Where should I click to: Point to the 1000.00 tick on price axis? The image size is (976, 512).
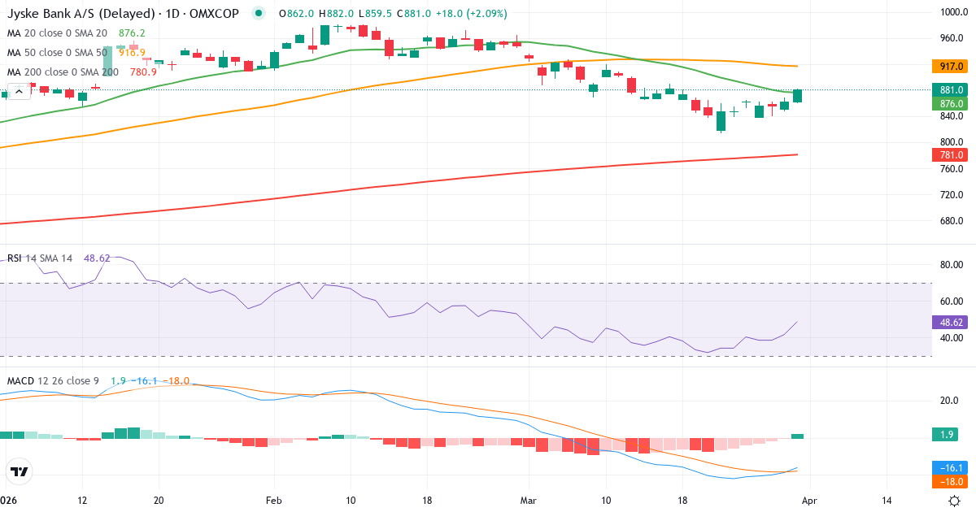tap(952, 12)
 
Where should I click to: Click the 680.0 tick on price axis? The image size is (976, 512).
tap(952, 221)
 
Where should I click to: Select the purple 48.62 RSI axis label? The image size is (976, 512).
tap(948, 322)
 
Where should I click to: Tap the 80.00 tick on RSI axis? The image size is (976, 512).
tap(952, 265)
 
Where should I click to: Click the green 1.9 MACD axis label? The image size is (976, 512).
tap(948, 435)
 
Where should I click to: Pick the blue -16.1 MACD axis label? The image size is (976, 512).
tap(948, 468)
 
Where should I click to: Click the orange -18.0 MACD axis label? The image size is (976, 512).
tap(948, 481)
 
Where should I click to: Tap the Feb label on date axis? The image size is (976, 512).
tap(273, 501)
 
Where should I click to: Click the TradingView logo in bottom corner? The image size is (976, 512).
tap(20, 471)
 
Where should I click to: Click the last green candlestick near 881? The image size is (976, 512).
tap(798, 96)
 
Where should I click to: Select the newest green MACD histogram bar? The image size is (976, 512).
tap(798, 436)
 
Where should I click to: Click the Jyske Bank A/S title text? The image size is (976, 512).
tap(53, 13)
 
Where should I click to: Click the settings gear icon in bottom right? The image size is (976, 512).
tap(955, 501)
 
